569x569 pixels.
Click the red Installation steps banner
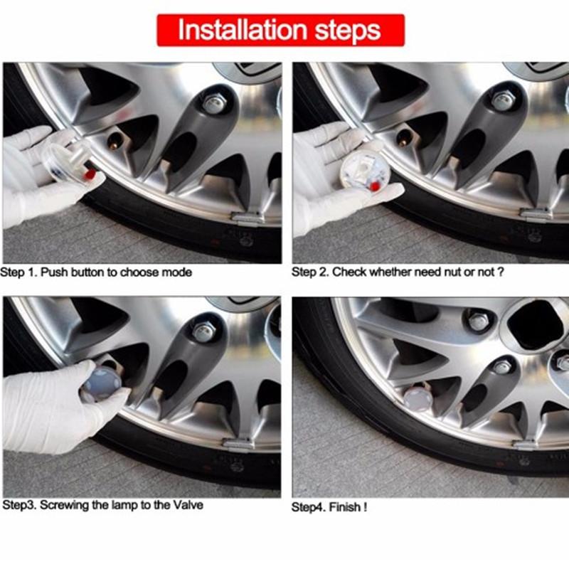tap(280, 30)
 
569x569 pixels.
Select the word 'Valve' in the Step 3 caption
tap(188, 505)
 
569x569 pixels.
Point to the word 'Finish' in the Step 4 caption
tap(345, 507)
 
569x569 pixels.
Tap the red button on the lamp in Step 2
tap(374, 186)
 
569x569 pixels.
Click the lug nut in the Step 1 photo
tap(214, 103)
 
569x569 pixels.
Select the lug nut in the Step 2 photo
tap(504, 100)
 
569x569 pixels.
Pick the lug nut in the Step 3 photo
tap(204, 332)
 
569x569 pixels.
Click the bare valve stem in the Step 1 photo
tap(115, 142)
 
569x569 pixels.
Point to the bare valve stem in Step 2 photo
tap(405, 138)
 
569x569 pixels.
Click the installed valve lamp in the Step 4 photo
tap(418, 398)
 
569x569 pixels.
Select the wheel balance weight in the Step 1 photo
tap(248, 218)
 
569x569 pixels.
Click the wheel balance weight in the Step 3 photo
tap(238, 444)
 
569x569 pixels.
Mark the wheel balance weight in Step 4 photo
tap(524, 444)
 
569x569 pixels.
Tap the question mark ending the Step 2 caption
tap(501, 272)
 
